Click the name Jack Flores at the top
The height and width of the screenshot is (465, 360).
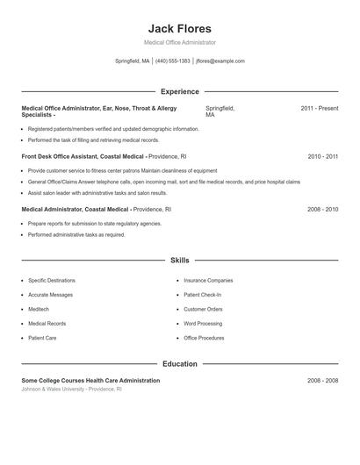coord(179,28)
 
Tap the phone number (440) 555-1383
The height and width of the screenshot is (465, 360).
coord(173,61)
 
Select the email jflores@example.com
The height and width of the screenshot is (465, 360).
coord(220,61)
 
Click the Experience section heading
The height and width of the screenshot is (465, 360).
coord(179,91)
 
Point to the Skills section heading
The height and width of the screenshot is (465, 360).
coord(179,261)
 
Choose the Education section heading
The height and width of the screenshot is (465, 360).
coord(179,363)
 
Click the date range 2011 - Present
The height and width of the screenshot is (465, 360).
coord(319,108)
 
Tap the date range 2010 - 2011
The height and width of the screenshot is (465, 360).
coord(322,156)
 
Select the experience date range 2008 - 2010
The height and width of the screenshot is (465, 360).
coord(322,210)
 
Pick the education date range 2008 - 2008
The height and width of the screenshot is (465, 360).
coord(322,381)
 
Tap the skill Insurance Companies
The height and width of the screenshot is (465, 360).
coord(208,280)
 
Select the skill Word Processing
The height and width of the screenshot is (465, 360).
coord(203,323)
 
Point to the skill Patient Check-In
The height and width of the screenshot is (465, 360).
coord(203,295)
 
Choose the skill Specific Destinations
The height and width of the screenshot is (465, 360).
coord(51,280)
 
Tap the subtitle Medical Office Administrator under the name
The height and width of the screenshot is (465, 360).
coord(179,42)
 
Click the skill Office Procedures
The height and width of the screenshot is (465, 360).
coord(204,338)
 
